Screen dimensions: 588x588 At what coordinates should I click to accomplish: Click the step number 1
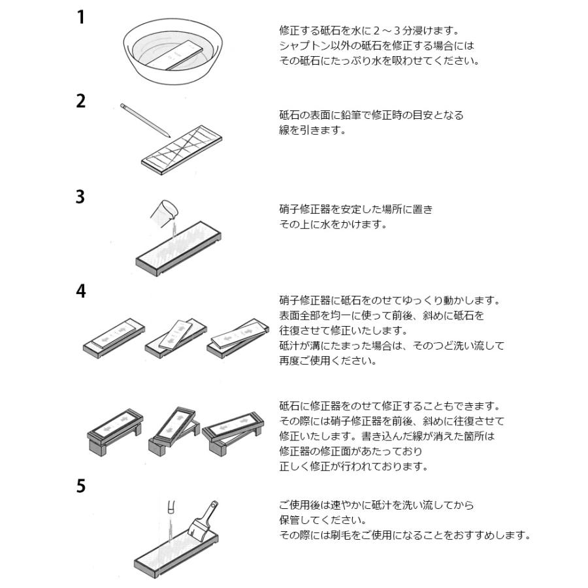tap(80, 17)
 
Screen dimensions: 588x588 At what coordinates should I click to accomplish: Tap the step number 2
tap(81, 102)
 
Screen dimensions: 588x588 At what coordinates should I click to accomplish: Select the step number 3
tap(80, 197)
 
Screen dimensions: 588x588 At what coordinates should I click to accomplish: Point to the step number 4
tap(81, 291)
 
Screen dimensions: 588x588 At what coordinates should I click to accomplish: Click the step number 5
tap(81, 487)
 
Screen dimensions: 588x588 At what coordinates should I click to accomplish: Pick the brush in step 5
tap(205, 523)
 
